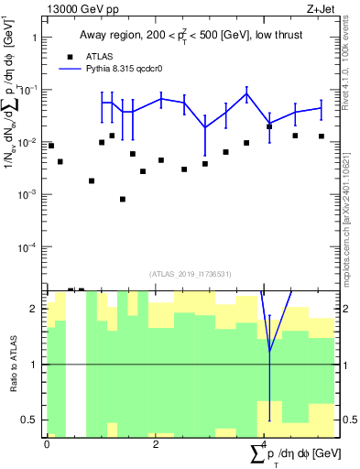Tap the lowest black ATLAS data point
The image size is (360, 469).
coord(123,199)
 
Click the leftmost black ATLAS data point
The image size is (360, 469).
coord(51,146)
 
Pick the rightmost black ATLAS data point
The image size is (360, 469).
coord(322,136)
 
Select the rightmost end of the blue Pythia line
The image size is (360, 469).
coord(322,108)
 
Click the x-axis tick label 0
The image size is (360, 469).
coord(47,443)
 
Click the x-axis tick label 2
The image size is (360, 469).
coord(156,443)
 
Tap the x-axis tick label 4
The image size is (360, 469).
coord(264,443)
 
